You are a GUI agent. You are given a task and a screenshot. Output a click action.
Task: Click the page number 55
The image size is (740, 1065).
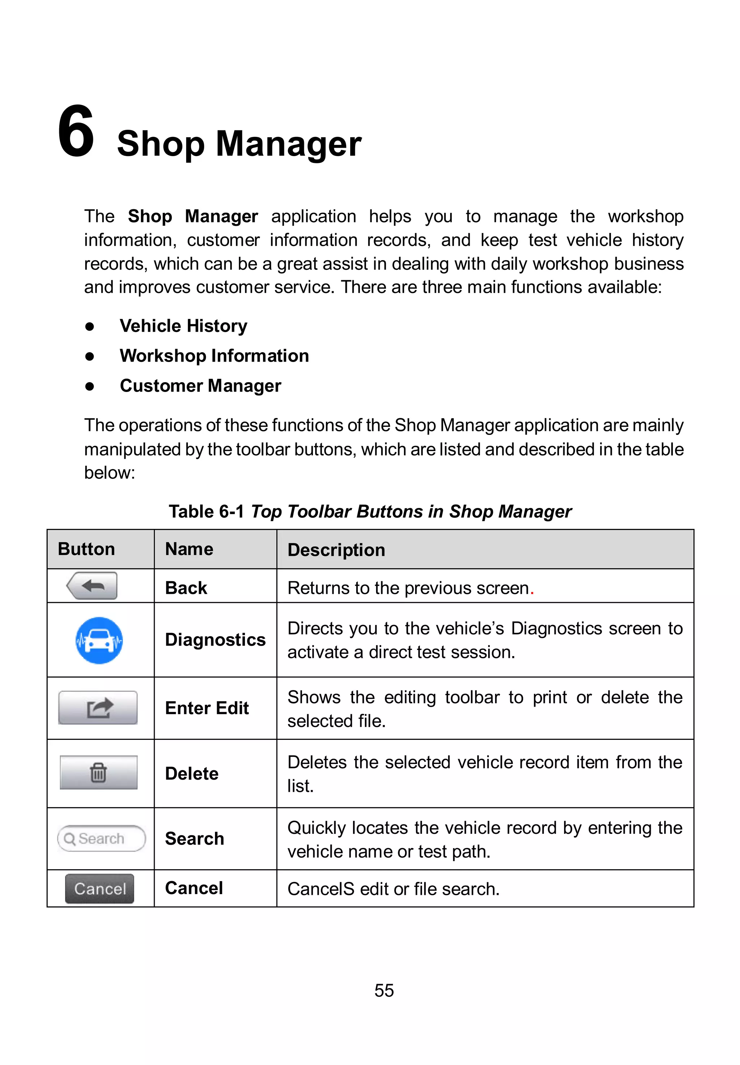384,990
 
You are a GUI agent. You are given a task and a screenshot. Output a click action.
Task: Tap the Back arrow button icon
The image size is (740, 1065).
92,586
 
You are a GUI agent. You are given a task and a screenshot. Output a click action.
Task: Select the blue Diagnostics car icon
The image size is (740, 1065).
99,640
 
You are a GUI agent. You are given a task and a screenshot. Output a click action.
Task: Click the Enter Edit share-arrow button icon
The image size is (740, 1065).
98,707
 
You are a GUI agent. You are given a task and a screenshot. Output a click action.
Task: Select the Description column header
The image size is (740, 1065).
336,549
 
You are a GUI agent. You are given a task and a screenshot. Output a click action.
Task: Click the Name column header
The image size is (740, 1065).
189,549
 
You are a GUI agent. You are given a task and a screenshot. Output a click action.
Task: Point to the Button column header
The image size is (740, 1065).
86,549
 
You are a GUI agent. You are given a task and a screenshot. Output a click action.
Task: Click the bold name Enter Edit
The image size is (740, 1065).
207,708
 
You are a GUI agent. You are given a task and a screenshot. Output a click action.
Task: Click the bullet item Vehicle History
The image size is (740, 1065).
183,326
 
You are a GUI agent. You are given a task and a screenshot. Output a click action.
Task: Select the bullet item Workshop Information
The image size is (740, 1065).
214,356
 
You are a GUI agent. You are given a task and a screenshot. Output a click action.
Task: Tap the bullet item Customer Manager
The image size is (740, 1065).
200,385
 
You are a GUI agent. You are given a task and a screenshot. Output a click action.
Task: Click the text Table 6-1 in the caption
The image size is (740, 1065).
206,512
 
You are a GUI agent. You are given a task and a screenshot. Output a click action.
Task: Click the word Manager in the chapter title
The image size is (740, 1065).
288,144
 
